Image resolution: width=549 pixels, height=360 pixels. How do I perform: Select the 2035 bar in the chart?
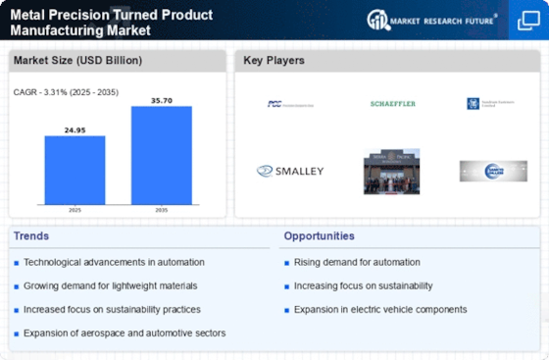(x=161, y=154)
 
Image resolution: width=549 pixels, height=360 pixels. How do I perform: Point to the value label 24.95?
(x=75, y=129)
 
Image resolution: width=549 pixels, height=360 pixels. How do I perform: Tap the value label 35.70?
(x=161, y=99)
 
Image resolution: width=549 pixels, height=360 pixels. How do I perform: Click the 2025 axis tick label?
(x=75, y=208)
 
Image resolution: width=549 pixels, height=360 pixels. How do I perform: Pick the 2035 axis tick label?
(x=161, y=208)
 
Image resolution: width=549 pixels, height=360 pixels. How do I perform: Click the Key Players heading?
(x=274, y=61)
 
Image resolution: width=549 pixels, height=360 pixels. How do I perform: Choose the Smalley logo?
(x=290, y=171)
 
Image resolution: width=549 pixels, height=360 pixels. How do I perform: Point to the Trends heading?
(x=31, y=236)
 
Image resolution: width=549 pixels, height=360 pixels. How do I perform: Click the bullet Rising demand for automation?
(x=357, y=261)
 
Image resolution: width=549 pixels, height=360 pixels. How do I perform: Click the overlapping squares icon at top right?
(x=526, y=20)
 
